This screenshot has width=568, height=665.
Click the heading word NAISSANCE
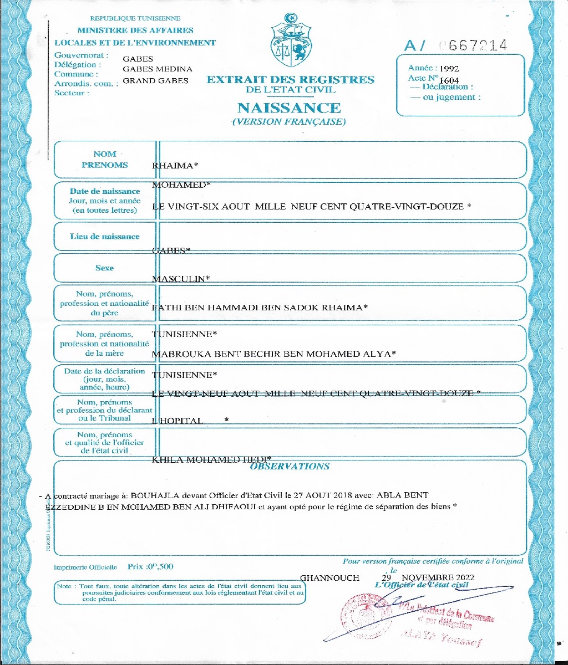289,108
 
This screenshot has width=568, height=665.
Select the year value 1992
448,69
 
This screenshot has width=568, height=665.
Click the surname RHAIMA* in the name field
175,166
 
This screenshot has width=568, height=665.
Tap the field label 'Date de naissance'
105,191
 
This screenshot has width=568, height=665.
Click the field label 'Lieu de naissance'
105,237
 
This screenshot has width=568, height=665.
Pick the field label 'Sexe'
104,268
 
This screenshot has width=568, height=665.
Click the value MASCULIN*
180,279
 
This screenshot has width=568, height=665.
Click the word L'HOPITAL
177,421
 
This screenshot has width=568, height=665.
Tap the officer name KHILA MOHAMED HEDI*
211,459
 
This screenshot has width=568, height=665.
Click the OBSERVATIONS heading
290,467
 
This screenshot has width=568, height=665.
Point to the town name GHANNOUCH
329,578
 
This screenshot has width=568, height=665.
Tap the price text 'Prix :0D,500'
150,567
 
